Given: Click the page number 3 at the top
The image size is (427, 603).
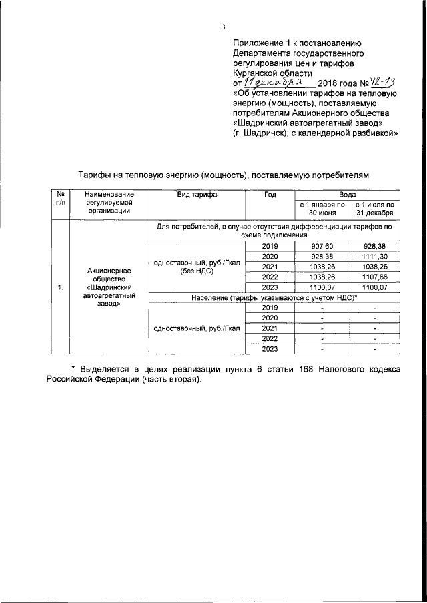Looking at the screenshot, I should point(224,27).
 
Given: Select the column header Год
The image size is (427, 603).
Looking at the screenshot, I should point(270,195).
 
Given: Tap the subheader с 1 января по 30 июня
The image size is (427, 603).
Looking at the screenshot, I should point(321,209).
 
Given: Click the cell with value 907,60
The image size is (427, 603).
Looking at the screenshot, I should point(321,246).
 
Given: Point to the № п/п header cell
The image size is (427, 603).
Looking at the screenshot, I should point(59,199).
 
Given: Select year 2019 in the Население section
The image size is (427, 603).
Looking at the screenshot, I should point(270,308).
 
